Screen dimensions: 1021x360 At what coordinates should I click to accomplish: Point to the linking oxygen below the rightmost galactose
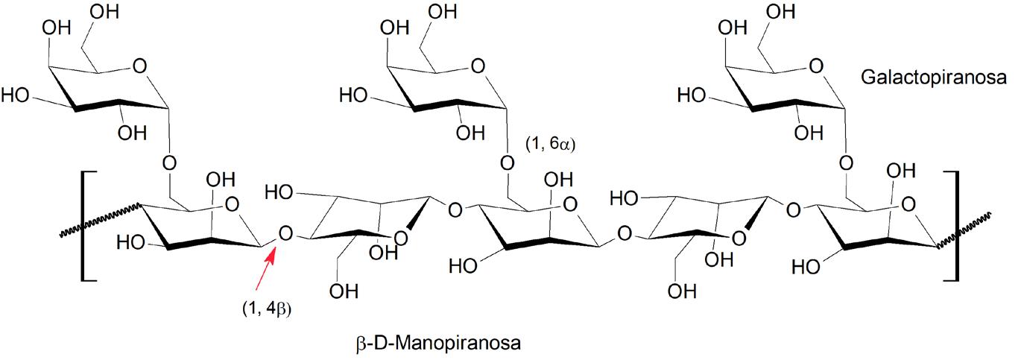(x=847, y=162)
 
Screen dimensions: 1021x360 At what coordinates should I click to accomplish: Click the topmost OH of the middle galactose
(x=445, y=13)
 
